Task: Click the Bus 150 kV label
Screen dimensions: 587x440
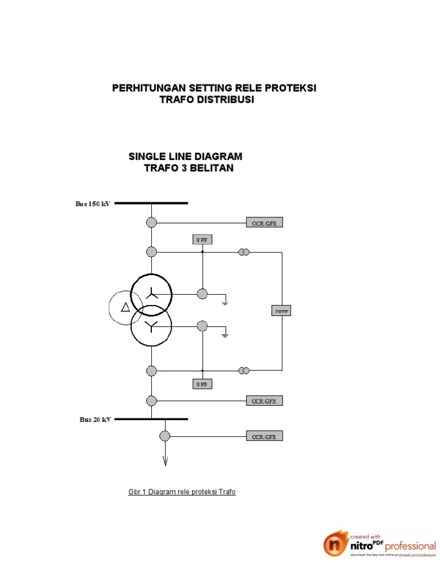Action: point(93,204)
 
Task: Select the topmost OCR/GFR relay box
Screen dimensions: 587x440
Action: point(264,223)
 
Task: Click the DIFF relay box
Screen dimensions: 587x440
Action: point(281,311)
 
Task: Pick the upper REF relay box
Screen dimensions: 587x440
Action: point(202,240)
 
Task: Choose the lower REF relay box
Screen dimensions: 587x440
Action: point(202,384)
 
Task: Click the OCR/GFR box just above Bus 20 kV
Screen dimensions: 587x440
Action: point(264,401)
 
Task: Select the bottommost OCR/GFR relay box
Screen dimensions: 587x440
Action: point(264,437)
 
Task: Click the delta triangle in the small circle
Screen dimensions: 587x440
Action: point(125,308)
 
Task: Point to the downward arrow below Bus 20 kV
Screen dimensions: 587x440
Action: point(165,459)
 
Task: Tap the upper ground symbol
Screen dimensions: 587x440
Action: point(226,301)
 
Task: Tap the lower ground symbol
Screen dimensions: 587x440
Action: point(226,333)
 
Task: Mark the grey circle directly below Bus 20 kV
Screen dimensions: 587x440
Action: point(165,436)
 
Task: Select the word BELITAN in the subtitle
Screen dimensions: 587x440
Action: point(210,169)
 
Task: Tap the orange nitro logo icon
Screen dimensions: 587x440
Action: point(335,544)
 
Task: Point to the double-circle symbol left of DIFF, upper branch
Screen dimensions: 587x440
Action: point(244,252)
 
